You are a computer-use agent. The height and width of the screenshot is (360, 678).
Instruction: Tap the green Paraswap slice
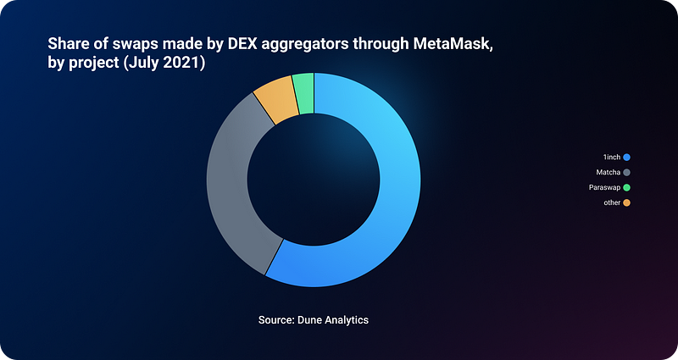tap(303, 93)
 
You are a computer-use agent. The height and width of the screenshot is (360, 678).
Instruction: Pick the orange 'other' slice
tap(277, 99)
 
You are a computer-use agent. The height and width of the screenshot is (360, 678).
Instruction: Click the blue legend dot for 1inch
tap(626, 158)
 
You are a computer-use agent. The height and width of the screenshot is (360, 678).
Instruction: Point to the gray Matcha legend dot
tap(626, 173)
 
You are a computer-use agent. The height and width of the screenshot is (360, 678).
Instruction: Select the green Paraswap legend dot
tap(626, 187)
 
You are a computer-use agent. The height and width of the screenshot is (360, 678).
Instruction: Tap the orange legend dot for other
tap(626, 202)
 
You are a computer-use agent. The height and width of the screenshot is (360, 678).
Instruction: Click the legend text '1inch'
tap(612, 158)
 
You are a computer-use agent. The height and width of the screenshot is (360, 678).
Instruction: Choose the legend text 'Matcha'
tap(609, 173)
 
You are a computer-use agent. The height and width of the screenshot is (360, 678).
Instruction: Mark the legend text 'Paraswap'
tap(604, 187)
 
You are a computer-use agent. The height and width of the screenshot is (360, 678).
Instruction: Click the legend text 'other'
tap(612, 202)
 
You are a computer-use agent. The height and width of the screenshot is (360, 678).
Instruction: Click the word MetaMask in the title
tap(453, 44)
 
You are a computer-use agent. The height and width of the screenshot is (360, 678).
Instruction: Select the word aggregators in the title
tap(305, 45)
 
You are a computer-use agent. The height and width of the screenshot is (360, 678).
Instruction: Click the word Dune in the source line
tap(309, 320)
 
